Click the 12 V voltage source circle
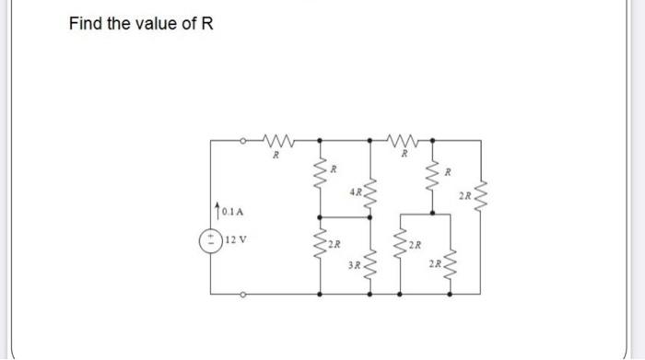click(211, 238)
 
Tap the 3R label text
click(355, 266)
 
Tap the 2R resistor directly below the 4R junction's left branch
click(321, 244)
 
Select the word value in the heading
click(153, 23)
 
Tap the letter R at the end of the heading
click(207, 23)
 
